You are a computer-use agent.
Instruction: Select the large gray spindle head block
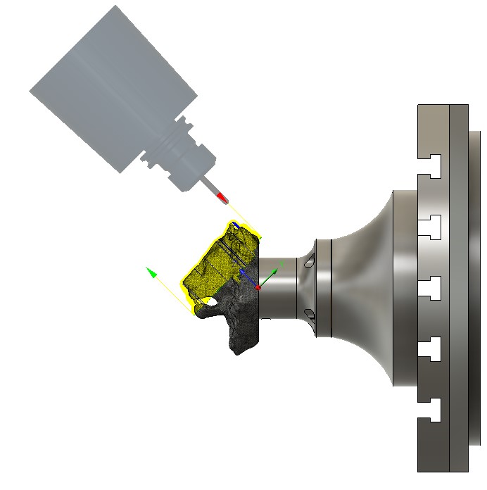(113, 84)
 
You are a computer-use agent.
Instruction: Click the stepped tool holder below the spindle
(176, 158)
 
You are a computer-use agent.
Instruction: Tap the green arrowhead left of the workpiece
(150, 272)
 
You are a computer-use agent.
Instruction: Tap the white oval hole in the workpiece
(210, 301)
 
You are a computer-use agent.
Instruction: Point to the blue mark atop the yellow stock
(237, 226)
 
